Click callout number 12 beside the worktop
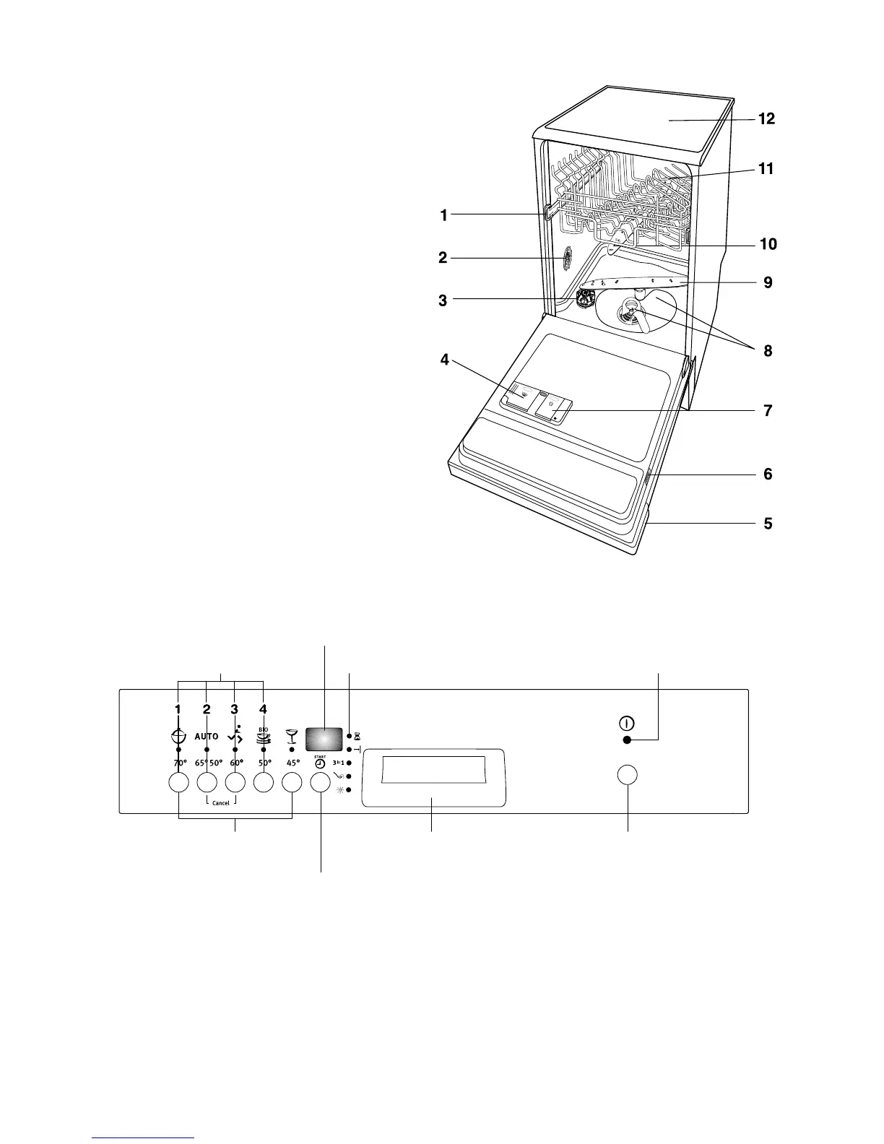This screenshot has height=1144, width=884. click(766, 119)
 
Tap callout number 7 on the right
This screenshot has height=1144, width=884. click(768, 411)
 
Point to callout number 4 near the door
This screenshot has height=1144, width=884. click(446, 359)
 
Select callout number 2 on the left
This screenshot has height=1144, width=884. click(443, 257)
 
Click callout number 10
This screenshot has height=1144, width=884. click(768, 244)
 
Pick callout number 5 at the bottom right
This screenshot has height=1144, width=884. click(768, 523)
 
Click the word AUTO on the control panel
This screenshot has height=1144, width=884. click(206, 737)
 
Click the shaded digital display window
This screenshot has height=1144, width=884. click(324, 738)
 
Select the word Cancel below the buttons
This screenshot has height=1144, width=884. click(220, 803)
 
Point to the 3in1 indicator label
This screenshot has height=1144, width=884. click(338, 763)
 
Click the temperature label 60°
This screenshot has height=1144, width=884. click(236, 763)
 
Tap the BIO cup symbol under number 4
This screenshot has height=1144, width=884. click(264, 735)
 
